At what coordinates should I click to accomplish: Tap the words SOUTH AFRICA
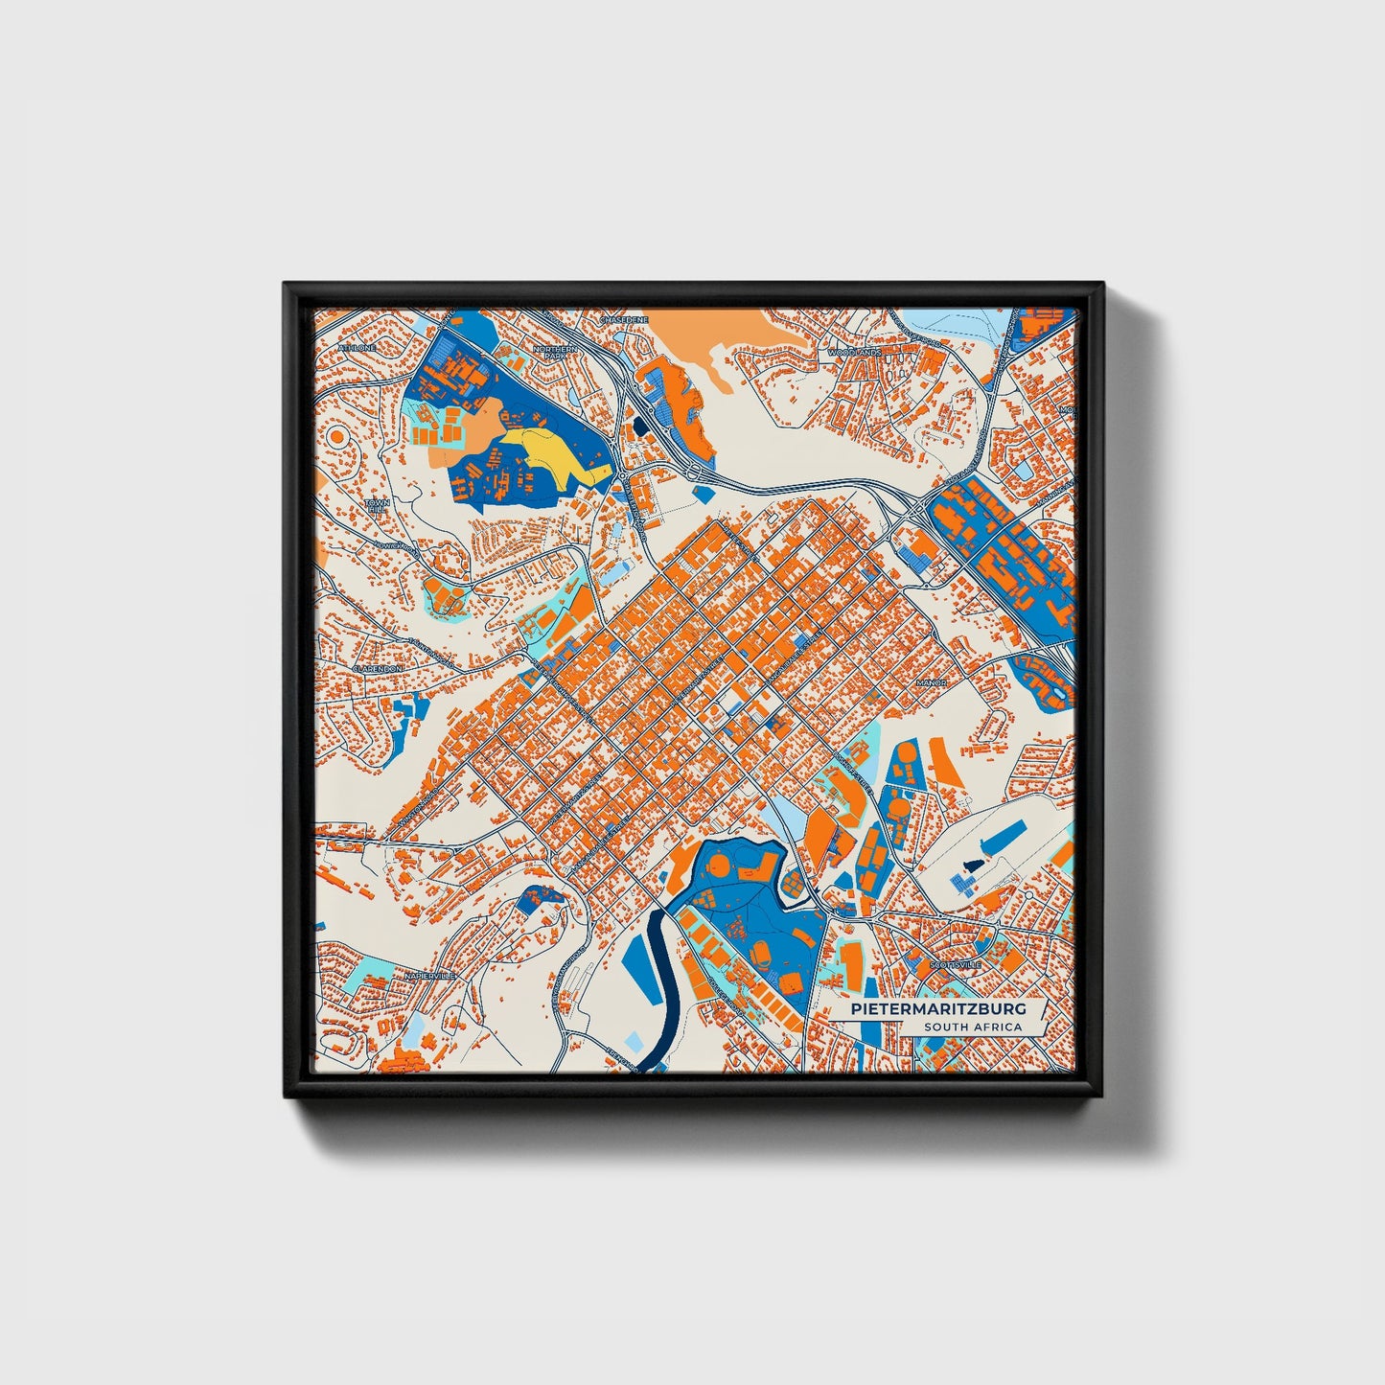pyautogui.click(x=973, y=1027)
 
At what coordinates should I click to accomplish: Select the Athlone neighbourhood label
pyautogui.click(x=358, y=347)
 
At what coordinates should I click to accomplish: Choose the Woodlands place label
pyautogui.click(x=854, y=352)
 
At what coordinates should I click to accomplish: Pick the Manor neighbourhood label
pyautogui.click(x=932, y=683)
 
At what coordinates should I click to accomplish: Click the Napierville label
pyautogui.click(x=427, y=975)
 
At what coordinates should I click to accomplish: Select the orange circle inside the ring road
pyautogui.click(x=337, y=436)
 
